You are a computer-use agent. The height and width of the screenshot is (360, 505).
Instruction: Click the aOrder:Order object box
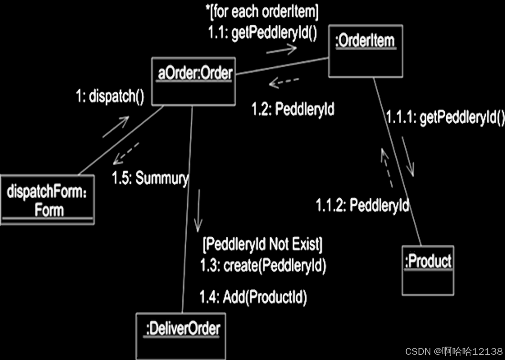tap(194, 81)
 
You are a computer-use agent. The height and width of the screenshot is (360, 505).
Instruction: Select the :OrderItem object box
tap(366, 51)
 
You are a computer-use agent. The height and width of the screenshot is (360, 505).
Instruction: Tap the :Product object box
tap(428, 270)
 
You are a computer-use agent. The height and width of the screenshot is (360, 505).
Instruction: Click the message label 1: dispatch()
tap(110, 97)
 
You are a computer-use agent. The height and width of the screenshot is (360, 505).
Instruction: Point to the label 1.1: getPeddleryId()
tap(262, 34)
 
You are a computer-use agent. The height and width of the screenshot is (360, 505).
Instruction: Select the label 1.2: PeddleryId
tap(293, 109)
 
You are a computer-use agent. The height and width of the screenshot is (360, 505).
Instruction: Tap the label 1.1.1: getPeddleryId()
tap(445, 117)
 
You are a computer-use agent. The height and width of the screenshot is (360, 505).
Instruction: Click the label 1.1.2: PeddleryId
tap(362, 205)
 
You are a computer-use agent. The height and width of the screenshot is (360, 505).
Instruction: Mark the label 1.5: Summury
tap(150, 179)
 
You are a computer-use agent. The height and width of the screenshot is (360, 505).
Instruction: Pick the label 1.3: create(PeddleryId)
tap(263, 265)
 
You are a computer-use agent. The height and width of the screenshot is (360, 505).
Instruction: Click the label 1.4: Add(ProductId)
tap(253, 297)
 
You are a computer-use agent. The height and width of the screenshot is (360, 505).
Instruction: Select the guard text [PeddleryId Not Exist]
tap(263, 245)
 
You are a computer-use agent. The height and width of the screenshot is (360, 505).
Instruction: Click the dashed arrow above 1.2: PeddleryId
tap(284, 83)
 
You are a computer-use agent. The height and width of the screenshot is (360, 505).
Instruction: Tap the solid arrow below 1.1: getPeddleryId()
tap(282, 49)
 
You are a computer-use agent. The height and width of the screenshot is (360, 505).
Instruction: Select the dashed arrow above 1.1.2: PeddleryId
tap(387, 167)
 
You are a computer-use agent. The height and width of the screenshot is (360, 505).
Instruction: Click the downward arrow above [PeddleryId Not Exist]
tap(199, 210)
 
